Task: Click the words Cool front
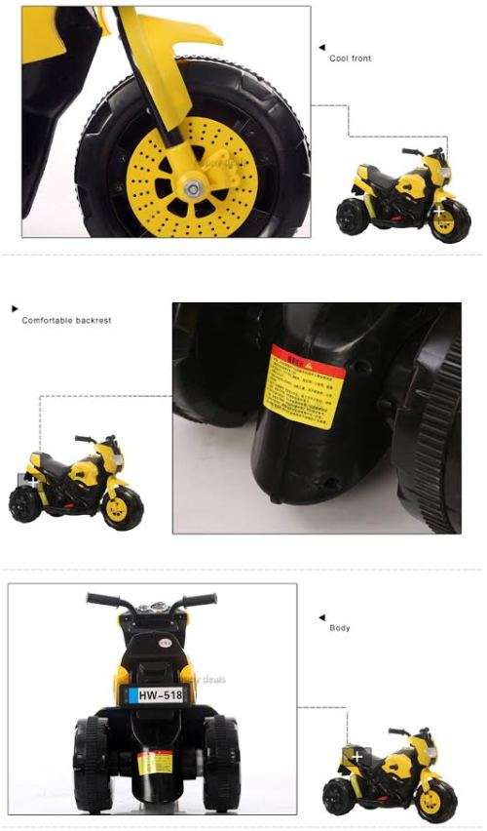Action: click(x=350, y=59)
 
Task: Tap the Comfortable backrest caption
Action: click(x=66, y=320)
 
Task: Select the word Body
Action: click(x=339, y=627)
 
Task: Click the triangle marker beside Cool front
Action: click(x=321, y=46)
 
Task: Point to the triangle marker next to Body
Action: click(x=321, y=616)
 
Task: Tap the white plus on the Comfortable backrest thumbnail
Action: click(x=32, y=482)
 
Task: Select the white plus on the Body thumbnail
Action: click(x=356, y=756)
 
